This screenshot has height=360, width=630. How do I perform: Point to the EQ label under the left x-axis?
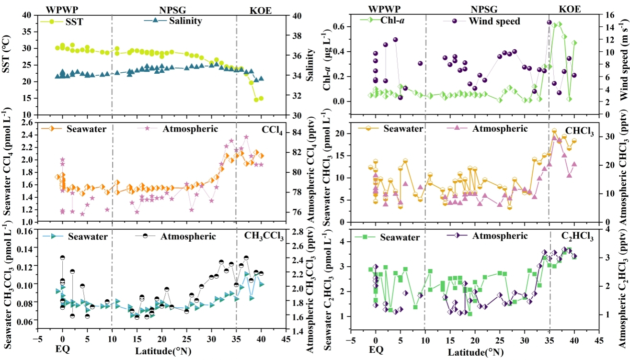pyautogui.click(x=62, y=349)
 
